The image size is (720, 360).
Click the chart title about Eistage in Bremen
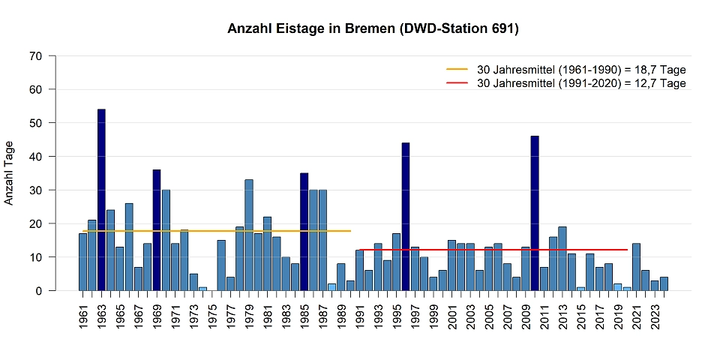click(373, 29)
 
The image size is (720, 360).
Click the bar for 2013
click(562, 258)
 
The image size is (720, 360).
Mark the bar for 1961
click(83, 262)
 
